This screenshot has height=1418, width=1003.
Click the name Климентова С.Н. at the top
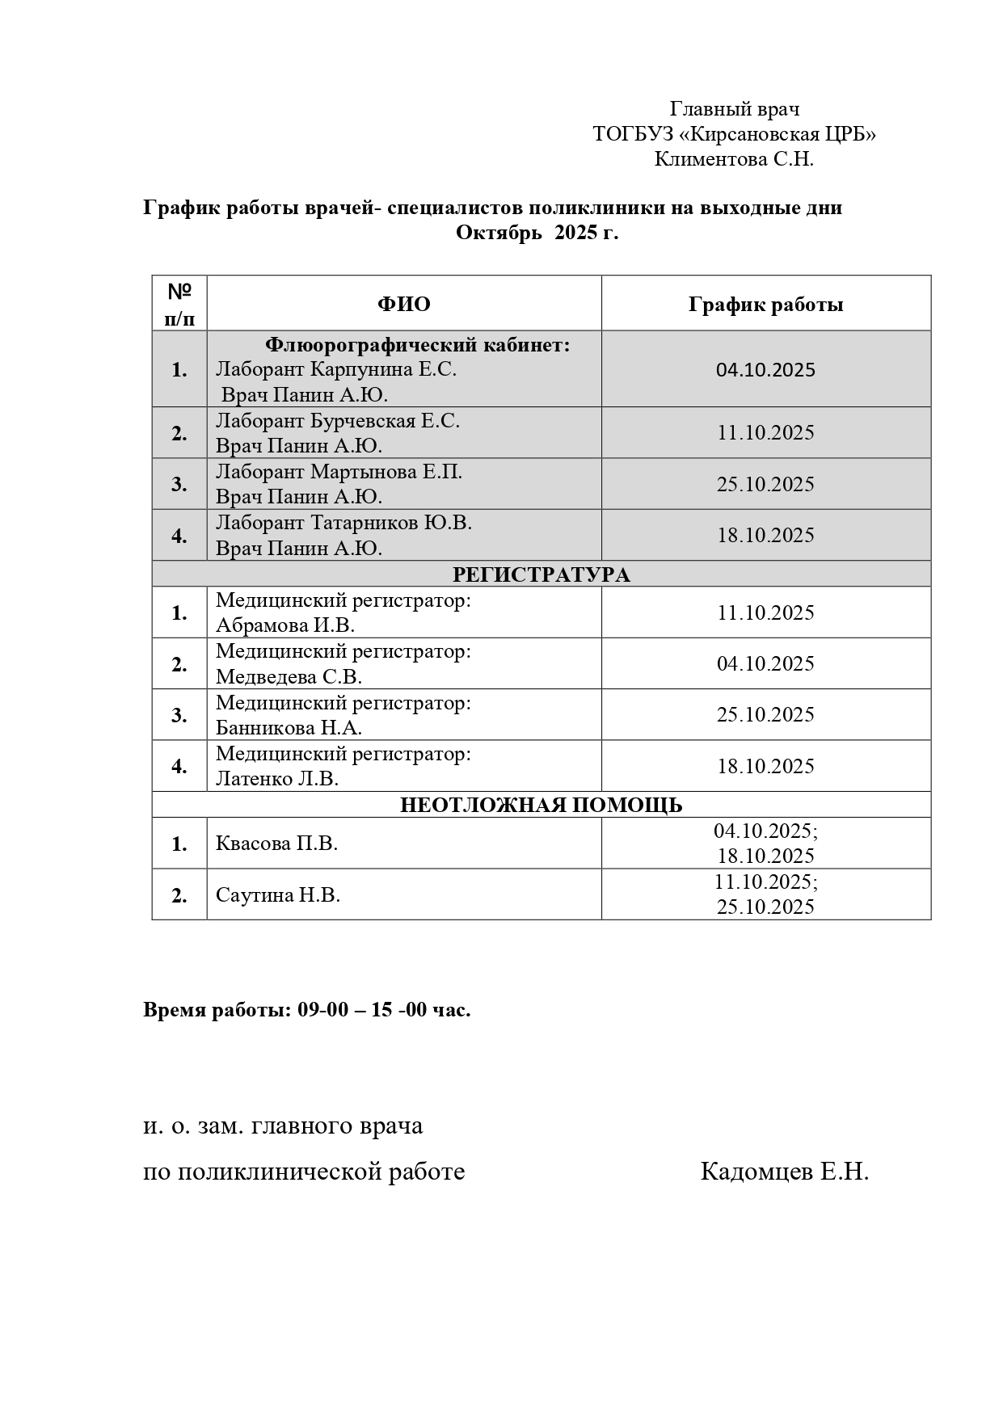pyautogui.click(x=734, y=159)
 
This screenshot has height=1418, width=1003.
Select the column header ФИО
pyautogui.click(x=403, y=304)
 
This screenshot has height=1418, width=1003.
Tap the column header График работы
pyautogui.click(x=765, y=304)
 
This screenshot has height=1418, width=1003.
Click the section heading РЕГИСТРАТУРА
pyautogui.click(x=541, y=574)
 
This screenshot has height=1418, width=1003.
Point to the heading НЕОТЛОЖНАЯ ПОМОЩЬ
pyautogui.click(x=541, y=805)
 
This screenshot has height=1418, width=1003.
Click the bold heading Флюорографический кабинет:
pyautogui.click(x=418, y=345)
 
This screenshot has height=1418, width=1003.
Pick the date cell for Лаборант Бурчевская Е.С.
pyautogui.click(x=765, y=432)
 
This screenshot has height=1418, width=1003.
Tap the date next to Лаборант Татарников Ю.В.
pyautogui.click(x=765, y=535)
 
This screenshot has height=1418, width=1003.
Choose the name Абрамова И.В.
pyautogui.click(x=285, y=625)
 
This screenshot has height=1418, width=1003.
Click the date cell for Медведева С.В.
pyautogui.click(x=765, y=663)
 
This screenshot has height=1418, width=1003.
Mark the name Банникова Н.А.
pyautogui.click(x=289, y=727)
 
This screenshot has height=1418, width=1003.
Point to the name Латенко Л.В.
pyautogui.click(x=277, y=778)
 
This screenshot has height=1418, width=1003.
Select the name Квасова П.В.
pyautogui.click(x=276, y=844)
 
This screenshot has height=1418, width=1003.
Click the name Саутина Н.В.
pyautogui.click(x=277, y=894)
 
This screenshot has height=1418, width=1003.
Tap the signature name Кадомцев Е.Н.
pyautogui.click(x=784, y=1172)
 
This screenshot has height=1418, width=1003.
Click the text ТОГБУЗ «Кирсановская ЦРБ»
pyautogui.click(x=734, y=134)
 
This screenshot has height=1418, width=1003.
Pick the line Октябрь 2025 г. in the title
pyautogui.click(x=537, y=233)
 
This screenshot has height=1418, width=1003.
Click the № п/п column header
pyautogui.click(x=179, y=304)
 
